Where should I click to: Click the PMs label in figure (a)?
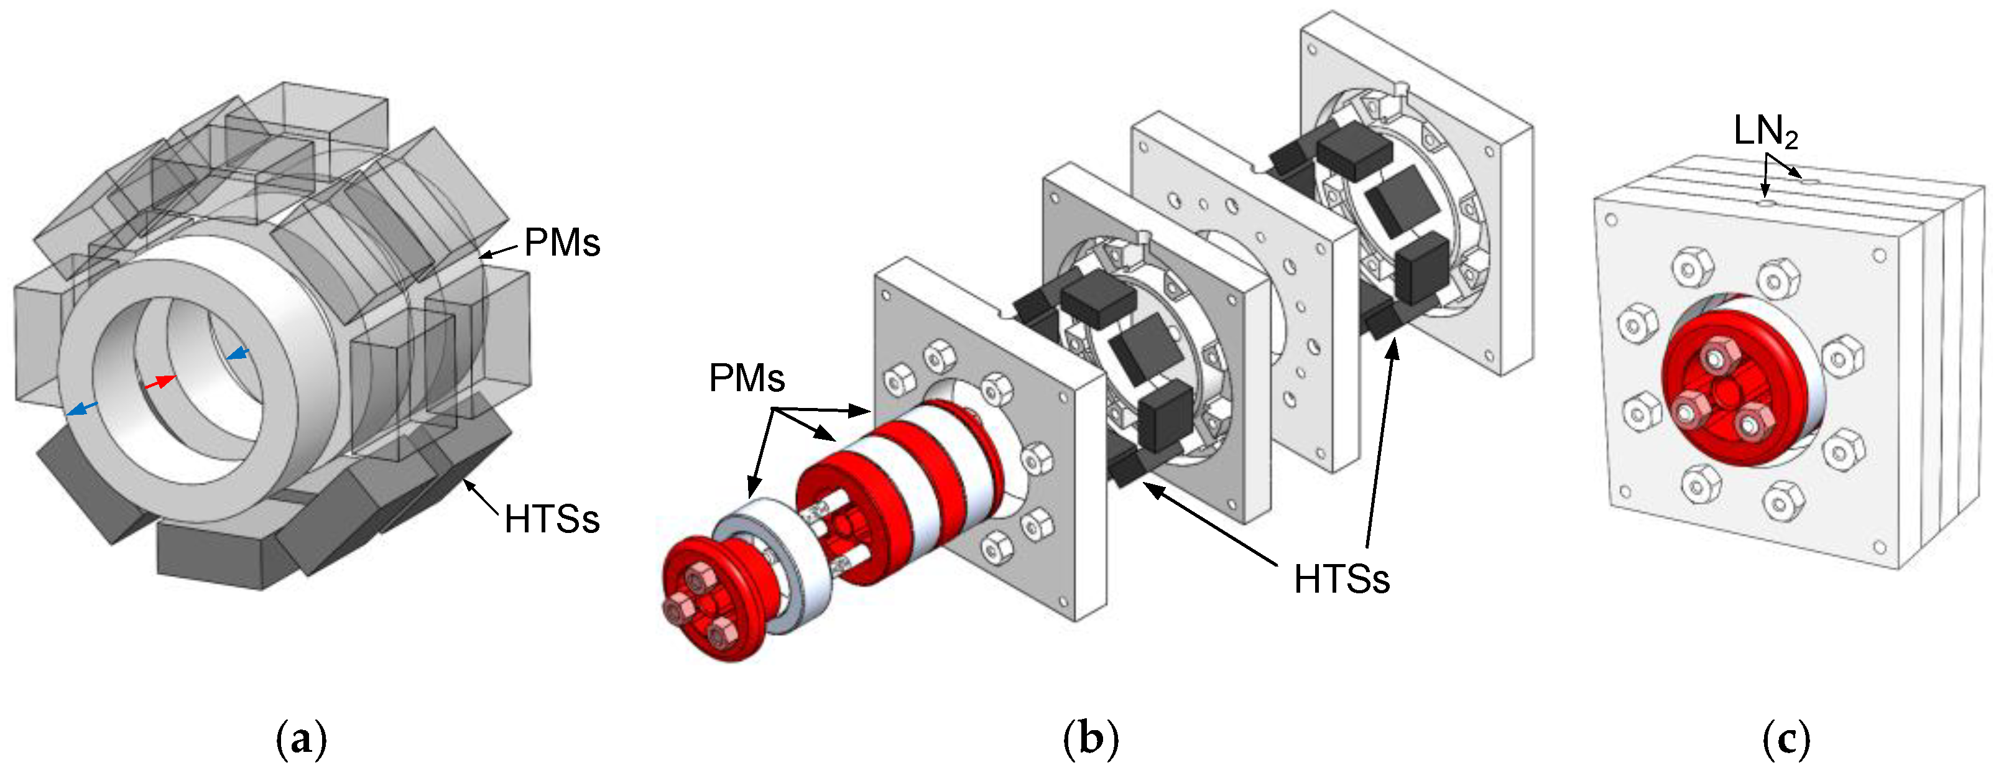pos(561,243)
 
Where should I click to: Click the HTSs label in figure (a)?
pos(552,519)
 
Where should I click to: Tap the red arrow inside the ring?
pos(160,382)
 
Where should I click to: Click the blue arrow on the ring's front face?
pos(82,409)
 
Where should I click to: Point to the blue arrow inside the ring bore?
pos(238,354)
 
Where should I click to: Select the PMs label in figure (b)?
pos(746,379)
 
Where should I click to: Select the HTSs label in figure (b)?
pos(1341,580)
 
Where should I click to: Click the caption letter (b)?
pos(1090,739)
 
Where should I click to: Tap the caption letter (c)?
pos(1786,739)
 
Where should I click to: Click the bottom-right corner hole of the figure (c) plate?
pos(1879,547)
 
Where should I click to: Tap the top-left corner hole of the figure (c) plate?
pos(1611,220)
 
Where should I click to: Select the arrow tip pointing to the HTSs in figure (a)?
pos(466,482)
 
